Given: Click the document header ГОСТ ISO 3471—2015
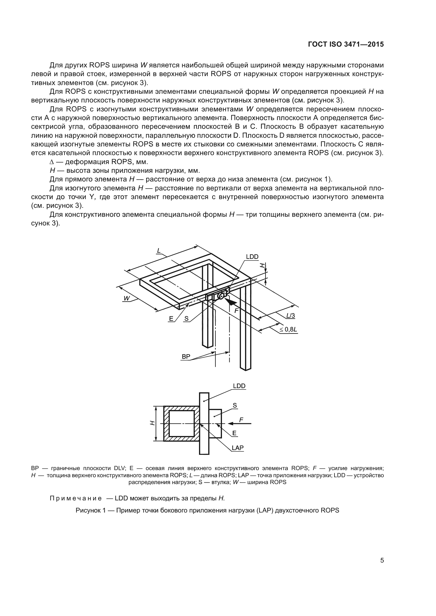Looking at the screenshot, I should click(x=346, y=45).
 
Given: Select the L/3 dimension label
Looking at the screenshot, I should click(x=290, y=316).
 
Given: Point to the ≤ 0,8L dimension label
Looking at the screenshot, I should click(x=288, y=329).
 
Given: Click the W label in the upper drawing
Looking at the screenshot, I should click(x=127, y=298).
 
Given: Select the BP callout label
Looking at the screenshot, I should click(x=186, y=357).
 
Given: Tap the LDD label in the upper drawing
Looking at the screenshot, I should click(x=252, y=257).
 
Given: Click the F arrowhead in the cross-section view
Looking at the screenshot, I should click(x=231, y=423).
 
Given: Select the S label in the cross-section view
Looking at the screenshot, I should click(x=235, y=405).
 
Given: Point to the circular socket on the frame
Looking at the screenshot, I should click(x=221, y=296).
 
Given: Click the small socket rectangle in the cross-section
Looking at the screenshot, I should click(x=215, y=423).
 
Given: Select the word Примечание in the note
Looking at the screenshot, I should click(x=76, y=499).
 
